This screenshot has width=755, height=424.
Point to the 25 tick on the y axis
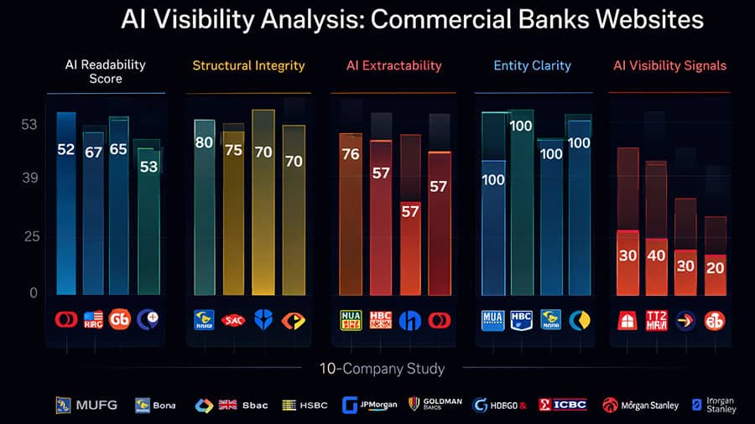30,236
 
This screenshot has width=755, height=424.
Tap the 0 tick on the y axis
34,292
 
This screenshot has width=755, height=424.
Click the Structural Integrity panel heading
248,65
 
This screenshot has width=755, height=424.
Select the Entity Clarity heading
533,65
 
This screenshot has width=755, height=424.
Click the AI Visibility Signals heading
669,65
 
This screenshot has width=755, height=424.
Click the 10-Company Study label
382,368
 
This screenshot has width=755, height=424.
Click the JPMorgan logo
370,405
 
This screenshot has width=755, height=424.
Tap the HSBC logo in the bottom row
303,405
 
